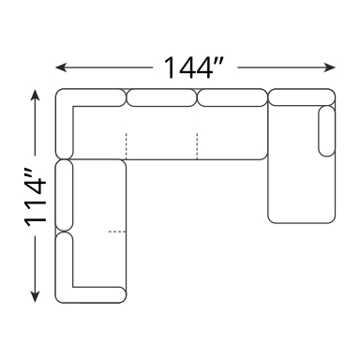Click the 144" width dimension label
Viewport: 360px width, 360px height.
193,67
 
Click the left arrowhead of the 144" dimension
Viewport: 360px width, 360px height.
61,67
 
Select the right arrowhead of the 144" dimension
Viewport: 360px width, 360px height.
330,67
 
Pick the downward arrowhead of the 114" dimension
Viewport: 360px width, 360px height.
35,296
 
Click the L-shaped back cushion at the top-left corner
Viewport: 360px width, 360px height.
64,120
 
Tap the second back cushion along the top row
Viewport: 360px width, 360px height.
161,97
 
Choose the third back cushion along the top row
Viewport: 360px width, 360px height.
232,97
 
